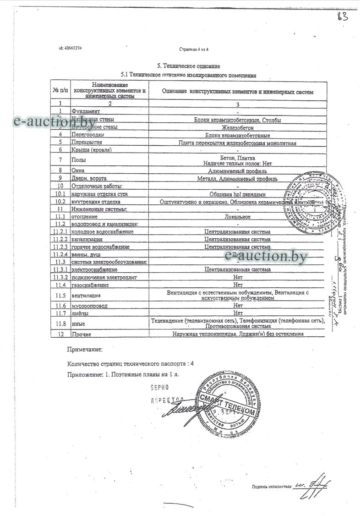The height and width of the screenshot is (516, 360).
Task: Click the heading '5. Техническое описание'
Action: (189, 66)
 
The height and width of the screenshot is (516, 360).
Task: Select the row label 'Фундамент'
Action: (83, 111)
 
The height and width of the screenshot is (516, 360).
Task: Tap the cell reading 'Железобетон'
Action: (237, 127)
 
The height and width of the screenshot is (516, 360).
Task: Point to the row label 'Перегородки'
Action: (88, 135)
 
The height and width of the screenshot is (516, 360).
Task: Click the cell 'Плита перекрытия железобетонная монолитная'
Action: (237, 143)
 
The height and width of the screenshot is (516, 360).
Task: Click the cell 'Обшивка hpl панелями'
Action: (237, 194)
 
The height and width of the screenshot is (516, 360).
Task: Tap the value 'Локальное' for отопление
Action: (237, 216)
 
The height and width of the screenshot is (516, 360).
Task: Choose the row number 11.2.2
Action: (60, 239)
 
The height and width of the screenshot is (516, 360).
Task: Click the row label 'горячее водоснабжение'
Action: (100, 247)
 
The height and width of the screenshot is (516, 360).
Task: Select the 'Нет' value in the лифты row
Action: (237, 313)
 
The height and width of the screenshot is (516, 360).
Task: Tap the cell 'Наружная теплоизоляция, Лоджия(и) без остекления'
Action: (237, 335)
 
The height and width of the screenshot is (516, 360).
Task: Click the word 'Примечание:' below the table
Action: (85, 350)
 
